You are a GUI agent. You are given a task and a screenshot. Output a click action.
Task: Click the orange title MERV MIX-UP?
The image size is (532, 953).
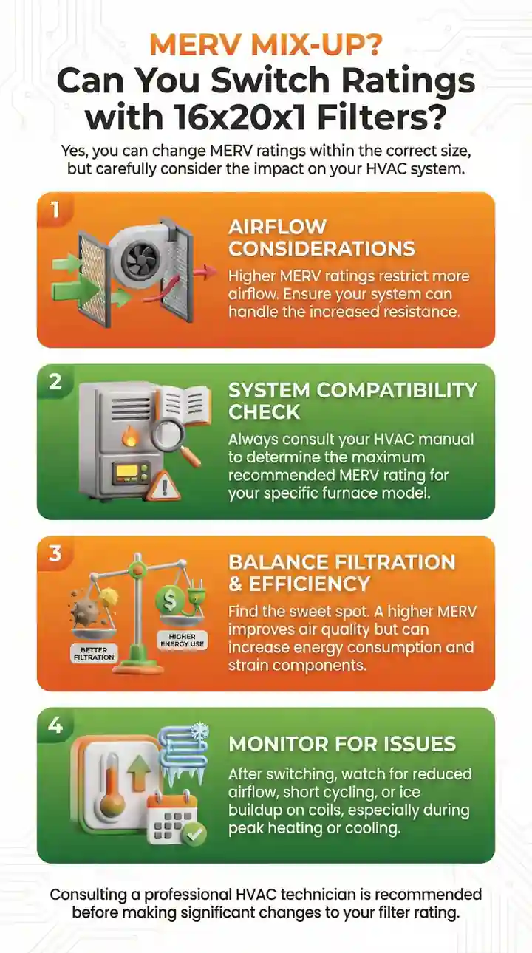[x=266, y=44]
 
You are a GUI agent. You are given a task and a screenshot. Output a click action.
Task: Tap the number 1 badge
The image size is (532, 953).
[x=55, y=210]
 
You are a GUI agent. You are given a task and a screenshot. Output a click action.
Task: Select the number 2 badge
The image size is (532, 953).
[x=55, y=382]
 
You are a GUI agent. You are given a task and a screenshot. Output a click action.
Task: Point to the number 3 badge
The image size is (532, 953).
[x=55, y=553]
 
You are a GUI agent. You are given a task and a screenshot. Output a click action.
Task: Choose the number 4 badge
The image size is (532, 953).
[x=55, y=725]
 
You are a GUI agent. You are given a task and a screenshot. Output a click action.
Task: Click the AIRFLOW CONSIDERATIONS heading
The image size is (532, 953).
[x=321, y=238]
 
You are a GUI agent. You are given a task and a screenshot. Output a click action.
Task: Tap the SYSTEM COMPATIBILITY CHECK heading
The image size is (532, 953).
[x=352, y=401]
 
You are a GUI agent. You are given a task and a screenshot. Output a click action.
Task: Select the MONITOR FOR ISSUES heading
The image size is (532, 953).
[x=342, y=744]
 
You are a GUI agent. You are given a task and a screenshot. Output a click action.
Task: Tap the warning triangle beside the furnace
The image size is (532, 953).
[x=163, y=486]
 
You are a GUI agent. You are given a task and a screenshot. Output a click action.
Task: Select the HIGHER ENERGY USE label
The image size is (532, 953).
[x=183, y=640]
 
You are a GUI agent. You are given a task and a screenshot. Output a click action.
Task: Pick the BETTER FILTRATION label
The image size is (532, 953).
[x=94, y=654]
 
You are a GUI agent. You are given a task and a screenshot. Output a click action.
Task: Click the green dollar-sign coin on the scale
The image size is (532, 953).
[x=170, y=599]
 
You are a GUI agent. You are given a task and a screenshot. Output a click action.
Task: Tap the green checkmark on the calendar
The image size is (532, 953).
[x=194, y=834]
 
